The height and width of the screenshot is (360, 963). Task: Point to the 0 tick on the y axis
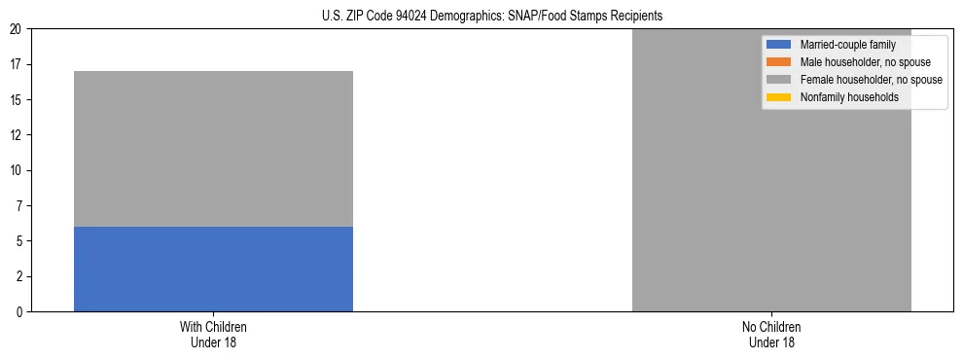(20, 312)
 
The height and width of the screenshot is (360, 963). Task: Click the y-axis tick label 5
(20, 241)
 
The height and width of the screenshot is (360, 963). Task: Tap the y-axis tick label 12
(18, 135)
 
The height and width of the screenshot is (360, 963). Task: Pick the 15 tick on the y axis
(18, 100)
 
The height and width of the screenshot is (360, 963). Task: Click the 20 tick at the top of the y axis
(18, 29)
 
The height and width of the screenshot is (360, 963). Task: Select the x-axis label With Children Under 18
(213, 335)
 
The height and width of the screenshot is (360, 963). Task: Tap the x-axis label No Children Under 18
(771, 335)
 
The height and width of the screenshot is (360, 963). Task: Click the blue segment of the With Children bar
(213, 269)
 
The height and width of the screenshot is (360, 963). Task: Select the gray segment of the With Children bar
(213, 149)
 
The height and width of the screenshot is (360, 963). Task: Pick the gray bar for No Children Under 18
(771, 170)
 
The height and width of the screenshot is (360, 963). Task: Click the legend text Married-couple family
(847, 45)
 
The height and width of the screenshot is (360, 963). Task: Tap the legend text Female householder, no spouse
(871, 80)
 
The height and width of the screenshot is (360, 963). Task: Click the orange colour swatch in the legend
(779, 62)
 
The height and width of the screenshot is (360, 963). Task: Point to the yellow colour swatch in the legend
(779, 97)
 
